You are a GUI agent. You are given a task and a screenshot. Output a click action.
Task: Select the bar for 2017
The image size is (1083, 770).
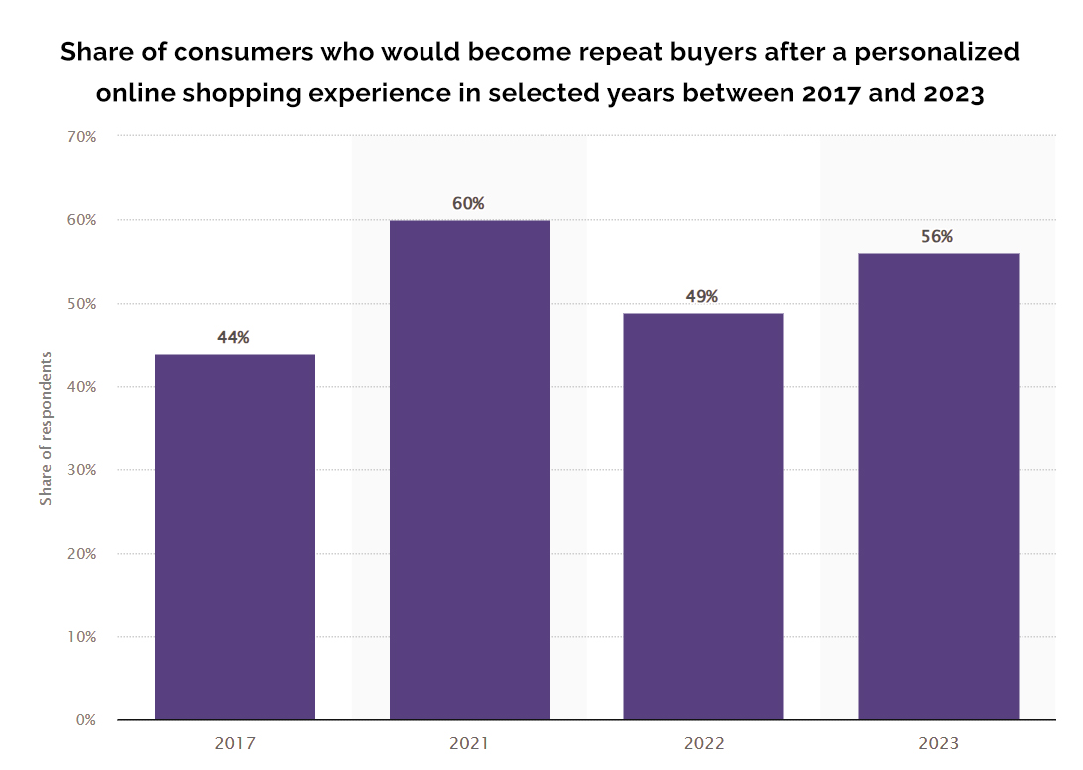click(235, 537)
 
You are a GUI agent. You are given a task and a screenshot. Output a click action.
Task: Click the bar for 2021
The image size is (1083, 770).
click(469, 469)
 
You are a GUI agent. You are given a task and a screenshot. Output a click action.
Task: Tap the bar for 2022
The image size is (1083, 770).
click(703, 516)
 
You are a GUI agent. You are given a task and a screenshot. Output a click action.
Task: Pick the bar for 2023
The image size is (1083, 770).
click(937, 486)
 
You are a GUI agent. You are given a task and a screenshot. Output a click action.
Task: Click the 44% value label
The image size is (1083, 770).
click(234, 337)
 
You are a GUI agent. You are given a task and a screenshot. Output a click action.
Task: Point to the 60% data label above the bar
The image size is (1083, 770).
click(468, 203)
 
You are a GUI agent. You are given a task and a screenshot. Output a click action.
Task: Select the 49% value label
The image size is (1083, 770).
click(702, 296)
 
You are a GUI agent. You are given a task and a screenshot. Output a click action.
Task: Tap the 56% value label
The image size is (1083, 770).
click(936, 236)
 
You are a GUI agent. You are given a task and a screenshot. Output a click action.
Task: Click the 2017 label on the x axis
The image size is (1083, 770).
click(235, 743)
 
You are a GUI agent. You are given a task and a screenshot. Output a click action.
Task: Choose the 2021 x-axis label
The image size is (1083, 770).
click(469, 743)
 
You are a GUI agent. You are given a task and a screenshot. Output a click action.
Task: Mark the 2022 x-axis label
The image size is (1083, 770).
click(703, 743)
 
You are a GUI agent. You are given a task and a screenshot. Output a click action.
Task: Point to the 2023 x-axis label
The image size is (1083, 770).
click(937, 743)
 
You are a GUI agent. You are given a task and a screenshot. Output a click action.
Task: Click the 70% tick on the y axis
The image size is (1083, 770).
click(81, 136)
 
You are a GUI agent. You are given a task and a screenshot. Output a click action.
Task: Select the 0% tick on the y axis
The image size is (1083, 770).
click(86, 719)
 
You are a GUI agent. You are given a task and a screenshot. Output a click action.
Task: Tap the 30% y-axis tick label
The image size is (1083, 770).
click(81, 469)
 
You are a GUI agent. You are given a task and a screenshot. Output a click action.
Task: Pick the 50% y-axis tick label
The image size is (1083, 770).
click(81, 303)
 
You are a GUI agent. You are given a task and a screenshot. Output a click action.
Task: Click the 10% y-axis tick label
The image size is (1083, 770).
click(81, 636)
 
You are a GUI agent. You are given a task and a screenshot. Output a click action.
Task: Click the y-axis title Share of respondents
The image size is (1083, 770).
click(46, 428)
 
